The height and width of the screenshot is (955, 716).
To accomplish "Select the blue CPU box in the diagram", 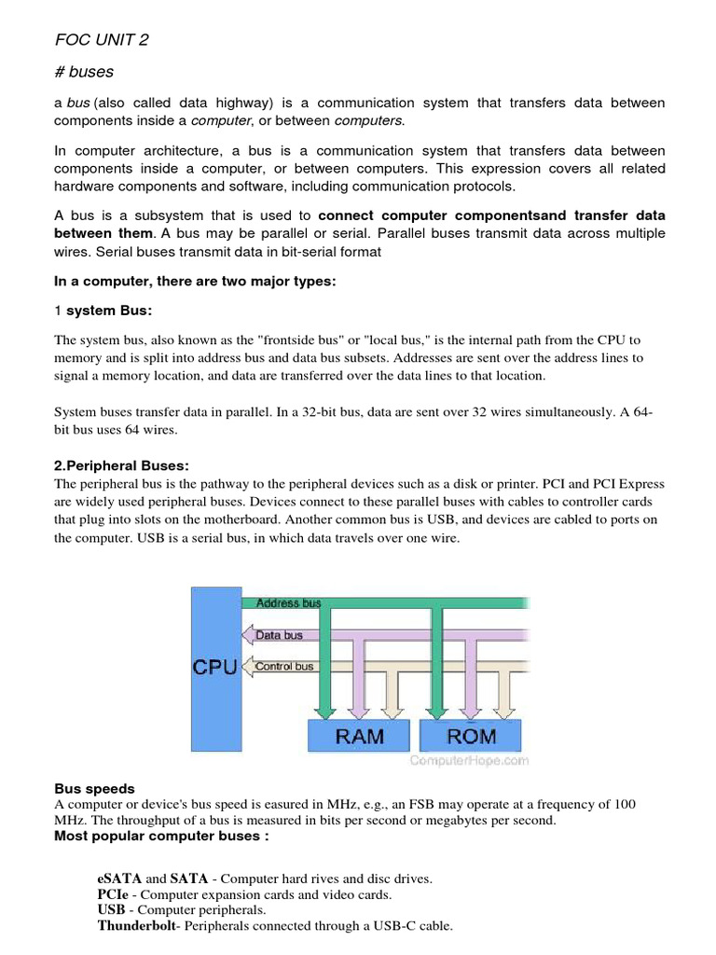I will click(x=214, y=667).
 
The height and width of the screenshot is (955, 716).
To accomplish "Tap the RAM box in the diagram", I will click(x=359, y=736).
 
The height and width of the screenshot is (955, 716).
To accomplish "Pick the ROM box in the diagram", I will click(x=472, y=736).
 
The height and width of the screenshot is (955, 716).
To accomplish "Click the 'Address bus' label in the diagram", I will click(x=288, y=603).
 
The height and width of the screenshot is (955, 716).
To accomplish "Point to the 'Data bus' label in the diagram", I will click(x=279, y=635).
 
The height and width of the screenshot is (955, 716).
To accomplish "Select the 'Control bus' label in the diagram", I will click(x=284, y=667).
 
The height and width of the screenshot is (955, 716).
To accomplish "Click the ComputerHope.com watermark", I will click(x=470, y=760).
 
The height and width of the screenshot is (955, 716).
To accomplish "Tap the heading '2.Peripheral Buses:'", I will click(x=122, y=465).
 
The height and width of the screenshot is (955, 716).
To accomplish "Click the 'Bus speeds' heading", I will click(x=94, y=788).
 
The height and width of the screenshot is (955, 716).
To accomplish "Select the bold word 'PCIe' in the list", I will click(x=114, y=894).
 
